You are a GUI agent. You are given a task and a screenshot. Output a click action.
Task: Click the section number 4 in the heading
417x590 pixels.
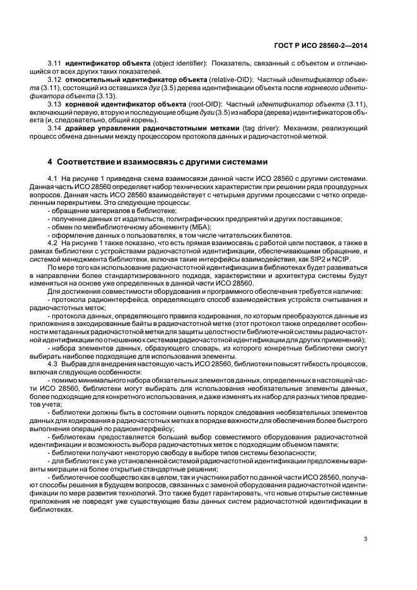point(51,161)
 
